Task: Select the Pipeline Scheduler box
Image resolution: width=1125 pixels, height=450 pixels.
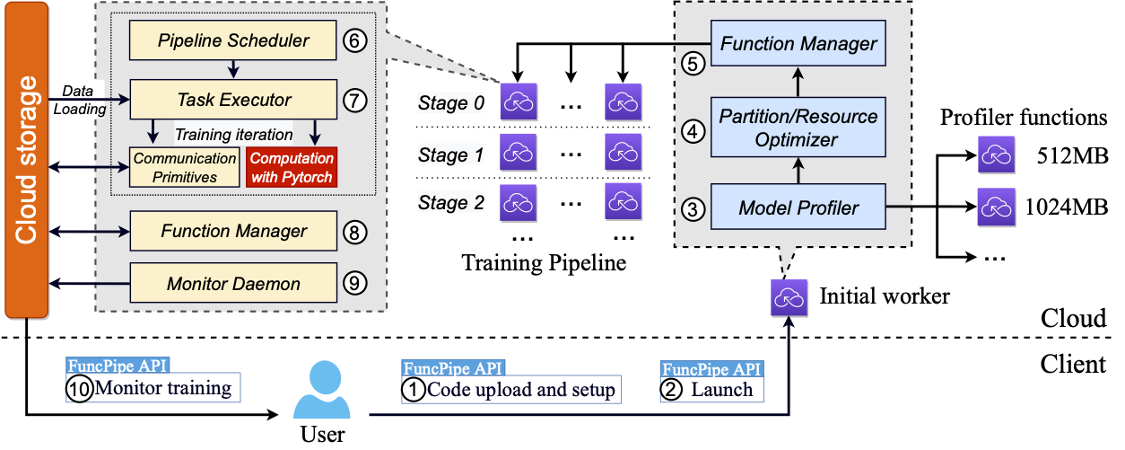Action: [233, 40]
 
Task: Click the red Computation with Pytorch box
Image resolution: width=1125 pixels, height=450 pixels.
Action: [291, 167]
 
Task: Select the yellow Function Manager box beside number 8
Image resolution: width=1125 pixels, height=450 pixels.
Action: [233, 231]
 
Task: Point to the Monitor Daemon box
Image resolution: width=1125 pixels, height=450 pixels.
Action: [233, 284]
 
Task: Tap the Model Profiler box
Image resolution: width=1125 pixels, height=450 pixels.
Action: [798, 207]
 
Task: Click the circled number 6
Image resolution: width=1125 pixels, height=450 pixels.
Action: [355, 40]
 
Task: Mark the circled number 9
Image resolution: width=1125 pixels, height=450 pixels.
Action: [355, 284]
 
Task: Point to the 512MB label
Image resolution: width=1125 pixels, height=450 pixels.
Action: [1068, 154]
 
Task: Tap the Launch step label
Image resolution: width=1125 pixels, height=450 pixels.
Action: [720, 390]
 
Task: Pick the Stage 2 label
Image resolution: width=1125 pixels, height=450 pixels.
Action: [451, 202]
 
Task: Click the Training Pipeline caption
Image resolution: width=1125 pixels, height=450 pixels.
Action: [544, 262]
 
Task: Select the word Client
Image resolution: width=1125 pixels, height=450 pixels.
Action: [1074, 365]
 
